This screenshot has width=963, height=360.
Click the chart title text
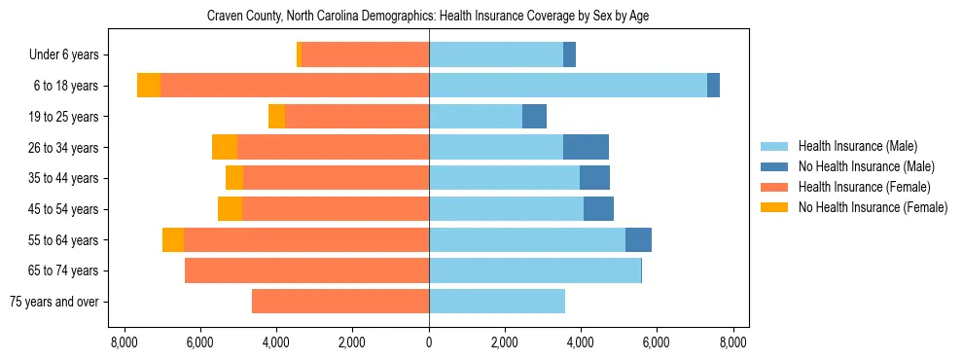click(428, 17)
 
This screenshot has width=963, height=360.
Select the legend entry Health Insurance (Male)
click(857, 147)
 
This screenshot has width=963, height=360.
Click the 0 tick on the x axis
click(429, 342)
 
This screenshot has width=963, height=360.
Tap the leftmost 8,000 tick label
click(125, 342)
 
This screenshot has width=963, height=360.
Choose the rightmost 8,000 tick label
click(732, 342)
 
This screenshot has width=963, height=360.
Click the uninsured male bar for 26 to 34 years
click(586, 147)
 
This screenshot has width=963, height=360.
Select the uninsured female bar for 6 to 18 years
click(149, 86)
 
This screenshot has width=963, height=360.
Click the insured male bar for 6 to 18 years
click(568, 86)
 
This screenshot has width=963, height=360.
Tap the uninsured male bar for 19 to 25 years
click(534, 117)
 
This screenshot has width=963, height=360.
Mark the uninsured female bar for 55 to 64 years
click(173, 240)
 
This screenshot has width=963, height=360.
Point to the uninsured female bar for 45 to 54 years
click(230, 209)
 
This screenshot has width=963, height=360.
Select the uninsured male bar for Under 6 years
click(569, 55)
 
